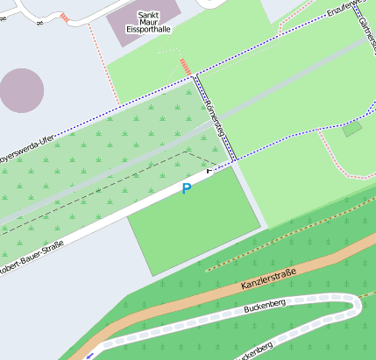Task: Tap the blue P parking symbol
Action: (x=186, y=188)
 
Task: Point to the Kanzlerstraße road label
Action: (x=267, y=281)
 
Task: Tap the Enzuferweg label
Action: (x=344, y=10)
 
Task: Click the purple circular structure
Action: (x=21, y=90)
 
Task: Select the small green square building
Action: (x=352, y=130)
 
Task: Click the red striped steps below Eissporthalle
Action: (x=184, y=67)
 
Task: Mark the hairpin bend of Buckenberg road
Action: (x=356, y=307)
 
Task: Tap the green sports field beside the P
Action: (x=193, y=223)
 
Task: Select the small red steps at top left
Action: (x=64, y=18)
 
